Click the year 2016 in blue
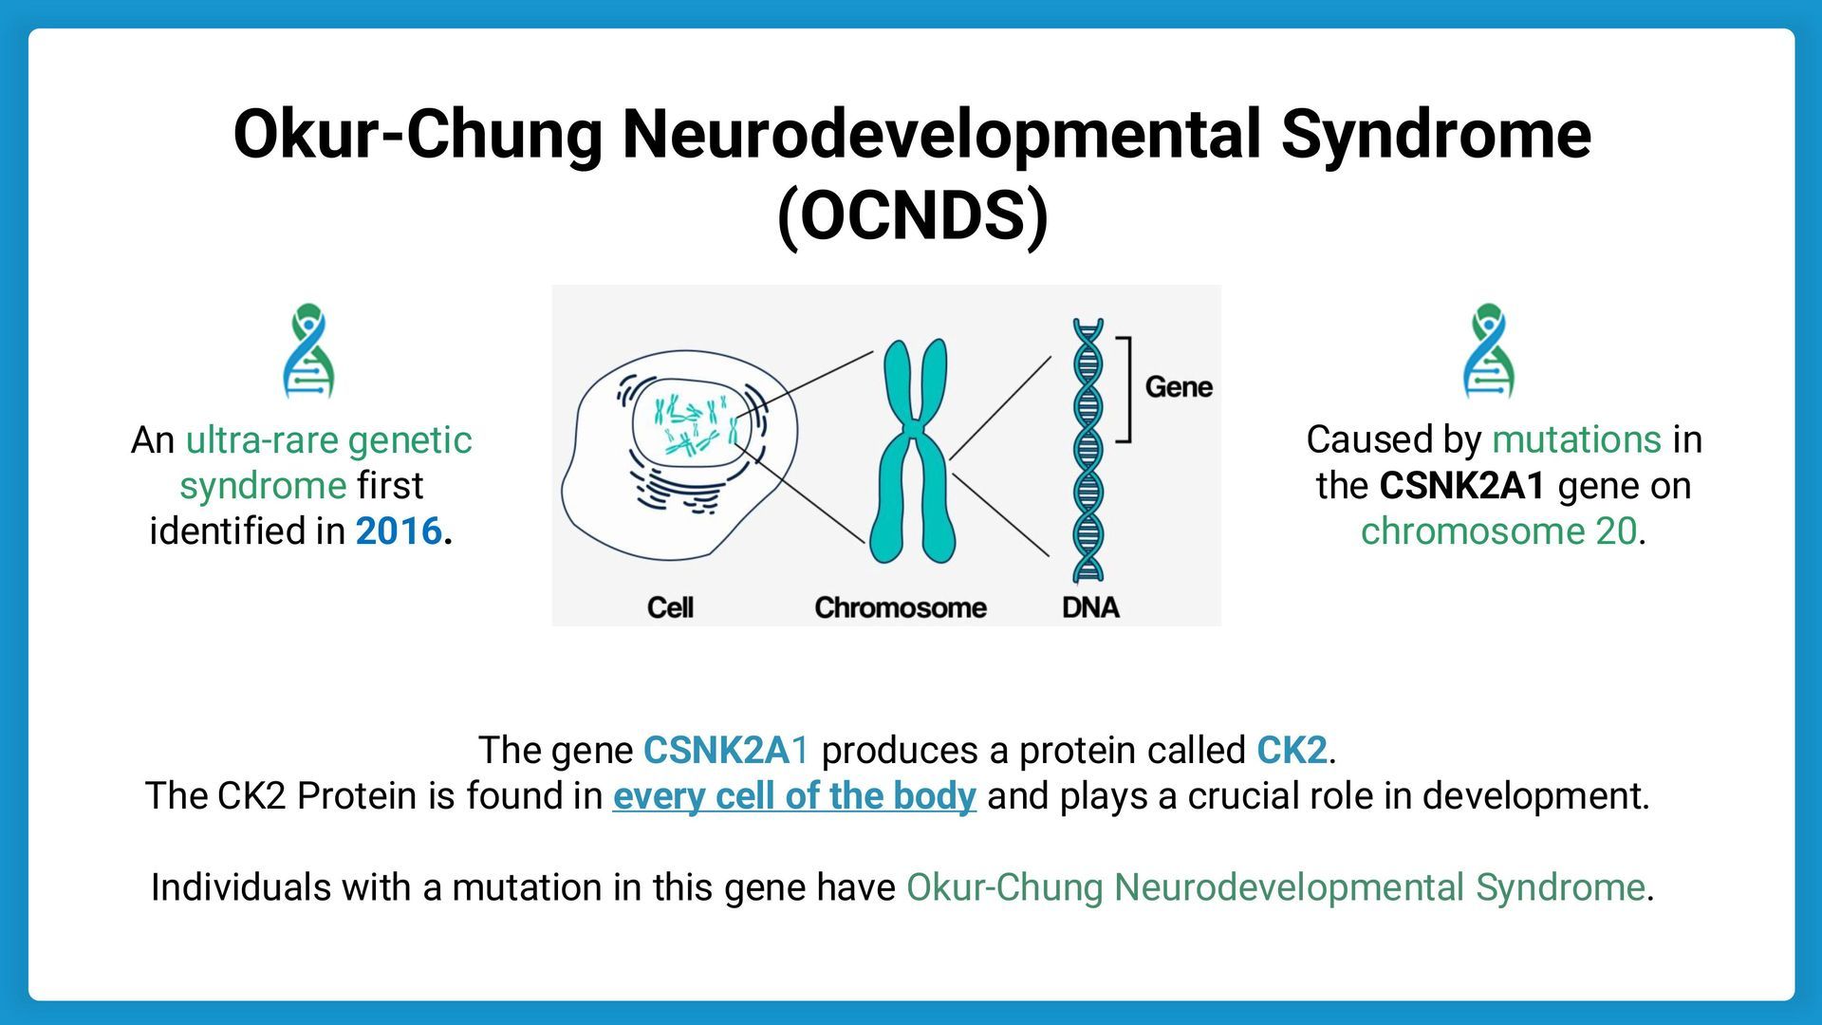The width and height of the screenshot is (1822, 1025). click(x=399, y=531)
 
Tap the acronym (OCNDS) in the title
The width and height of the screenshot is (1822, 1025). click(x=912, y=216)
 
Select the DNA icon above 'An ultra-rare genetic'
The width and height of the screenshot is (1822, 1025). click(x=308, y=350)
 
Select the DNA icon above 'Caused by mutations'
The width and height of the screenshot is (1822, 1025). click(x=1488, y=350)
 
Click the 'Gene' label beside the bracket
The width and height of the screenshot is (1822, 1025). click(x=1178, y=386)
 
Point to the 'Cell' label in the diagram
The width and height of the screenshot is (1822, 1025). click(x=670, y=607)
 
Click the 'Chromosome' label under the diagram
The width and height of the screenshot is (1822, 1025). click(x=900, y=607)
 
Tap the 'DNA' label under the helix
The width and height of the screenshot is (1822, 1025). click(x=1090, y=607)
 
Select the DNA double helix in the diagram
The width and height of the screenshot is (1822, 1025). click(x=1088, y=451)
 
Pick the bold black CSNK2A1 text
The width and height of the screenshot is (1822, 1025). click(x=1461, y=485)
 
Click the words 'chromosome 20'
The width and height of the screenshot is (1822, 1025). click(x=1498, y=531)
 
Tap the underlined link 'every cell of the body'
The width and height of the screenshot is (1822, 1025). click(x=794, y=795)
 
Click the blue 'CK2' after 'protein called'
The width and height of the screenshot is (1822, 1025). click(x=1292, y=750)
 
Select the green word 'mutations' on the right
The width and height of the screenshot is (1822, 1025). click(x=1576, y=439)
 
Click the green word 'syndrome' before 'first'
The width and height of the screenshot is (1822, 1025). click(x=263, y=485)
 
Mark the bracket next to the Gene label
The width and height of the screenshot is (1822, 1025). click(x=1125, y=389)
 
